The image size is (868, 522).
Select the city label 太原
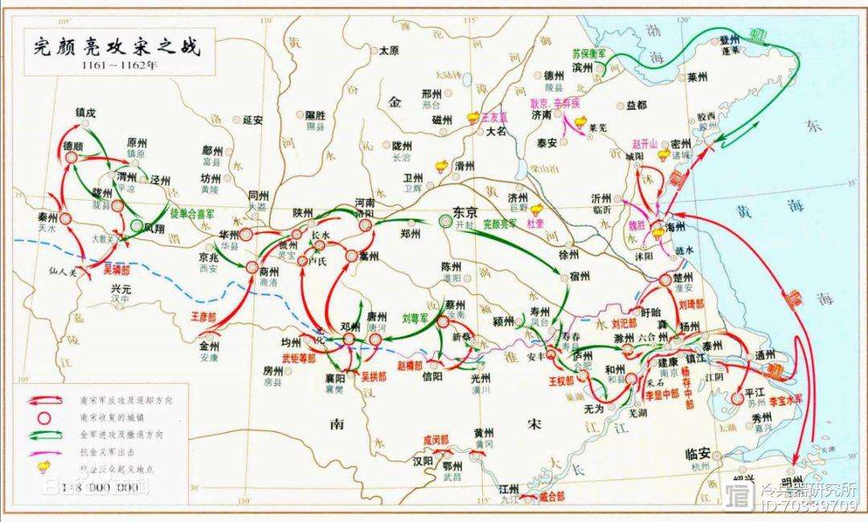pos(389,51)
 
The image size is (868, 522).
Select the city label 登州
pos(729,40)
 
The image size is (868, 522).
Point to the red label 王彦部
pos(203,317)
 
